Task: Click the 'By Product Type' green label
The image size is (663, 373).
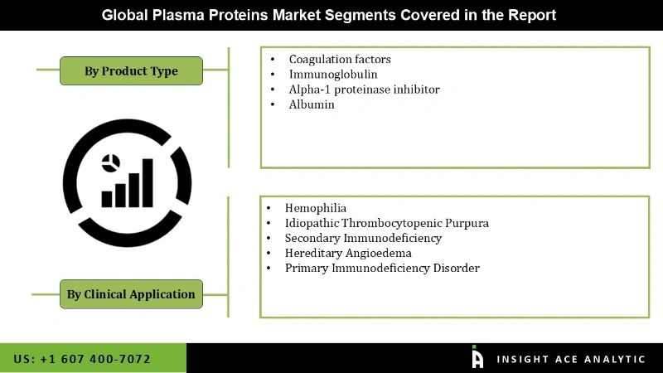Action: (x=131, y=71)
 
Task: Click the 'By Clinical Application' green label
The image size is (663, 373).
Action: (x=131, y=293)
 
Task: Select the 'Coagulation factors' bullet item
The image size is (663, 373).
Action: (x=339, y=60)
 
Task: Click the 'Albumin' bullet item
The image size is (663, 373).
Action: (x=312, y=104)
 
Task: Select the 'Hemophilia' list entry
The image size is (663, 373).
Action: (x=316, y=208)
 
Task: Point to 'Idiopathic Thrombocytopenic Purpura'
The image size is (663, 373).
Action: (x=386, y=223)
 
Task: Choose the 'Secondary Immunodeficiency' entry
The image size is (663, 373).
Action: (x=363, y=238)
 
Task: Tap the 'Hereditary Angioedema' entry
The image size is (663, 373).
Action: (x=348, y=253)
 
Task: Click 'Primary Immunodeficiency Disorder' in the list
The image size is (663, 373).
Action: (x=382, y=268)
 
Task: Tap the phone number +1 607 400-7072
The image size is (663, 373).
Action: (x=82, y=359)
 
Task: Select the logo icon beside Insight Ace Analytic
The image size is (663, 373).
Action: (x=477, y=357)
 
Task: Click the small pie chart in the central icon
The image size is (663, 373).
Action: (x=110, y=162)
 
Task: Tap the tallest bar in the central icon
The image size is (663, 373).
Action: (x=147, y=182)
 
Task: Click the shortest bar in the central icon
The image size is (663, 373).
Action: (x=107, y=199)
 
